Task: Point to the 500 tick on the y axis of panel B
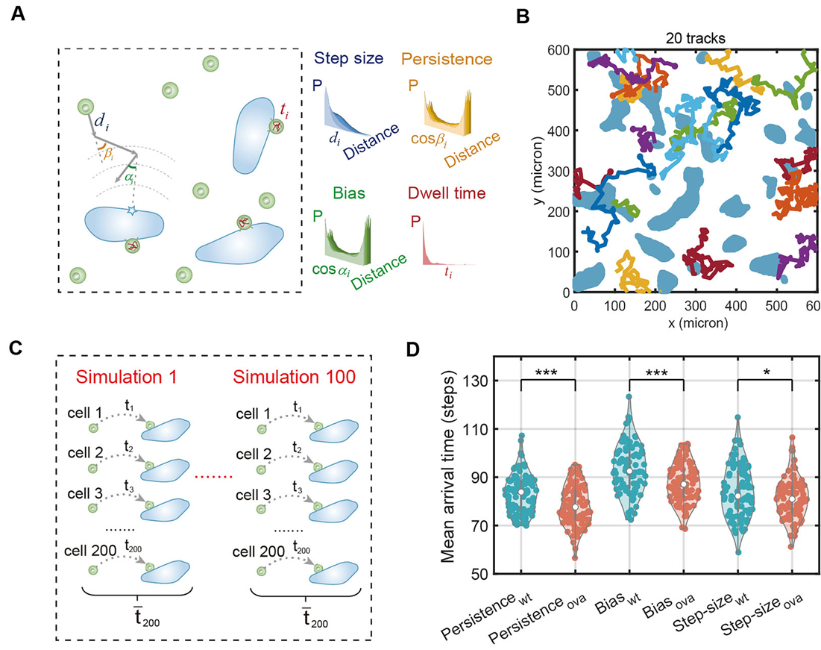556,90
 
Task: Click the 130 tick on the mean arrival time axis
488,381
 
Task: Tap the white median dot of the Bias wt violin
629,472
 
